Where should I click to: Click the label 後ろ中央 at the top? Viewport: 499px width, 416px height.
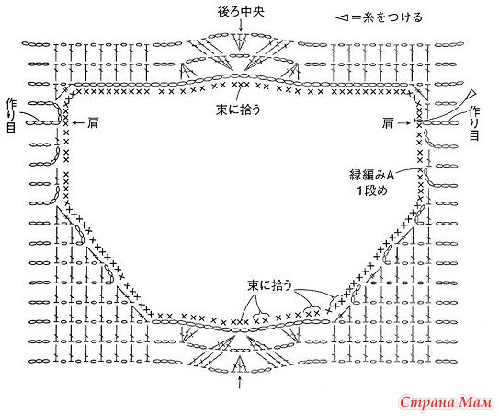[x=241, y=12]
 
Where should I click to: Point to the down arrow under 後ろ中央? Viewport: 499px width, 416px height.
[x=241, y=26]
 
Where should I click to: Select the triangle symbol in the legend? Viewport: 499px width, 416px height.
[x=343, y=17]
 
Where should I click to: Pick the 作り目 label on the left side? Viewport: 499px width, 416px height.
[x=10, y=116]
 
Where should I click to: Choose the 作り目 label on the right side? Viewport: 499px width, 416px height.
[x=474, y=123]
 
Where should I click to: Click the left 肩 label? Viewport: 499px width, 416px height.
[x=93, y=122]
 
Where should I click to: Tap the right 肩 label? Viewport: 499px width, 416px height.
[x=388, y=123]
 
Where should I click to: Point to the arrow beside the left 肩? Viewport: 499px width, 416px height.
[x=78, y=122]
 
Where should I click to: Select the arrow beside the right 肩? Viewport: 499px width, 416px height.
[x=404, y=122]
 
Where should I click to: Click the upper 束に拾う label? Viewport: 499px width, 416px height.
[x=238, y=110]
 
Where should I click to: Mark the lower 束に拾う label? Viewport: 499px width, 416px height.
[x=270, y=285]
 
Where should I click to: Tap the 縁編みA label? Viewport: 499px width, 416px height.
[x=372, y=175]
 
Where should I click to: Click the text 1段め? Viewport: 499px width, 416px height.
[x=371, y=191]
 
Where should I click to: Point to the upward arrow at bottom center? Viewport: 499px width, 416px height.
[x=239, y=382]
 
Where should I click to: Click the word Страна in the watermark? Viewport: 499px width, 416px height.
[x=428, y=402]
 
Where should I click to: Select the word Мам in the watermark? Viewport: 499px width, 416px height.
[x=476, y=402]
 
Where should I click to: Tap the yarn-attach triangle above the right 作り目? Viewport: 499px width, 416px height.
[x=471, y=95]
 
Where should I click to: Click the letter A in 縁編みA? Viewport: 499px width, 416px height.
[x=391, y=175]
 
